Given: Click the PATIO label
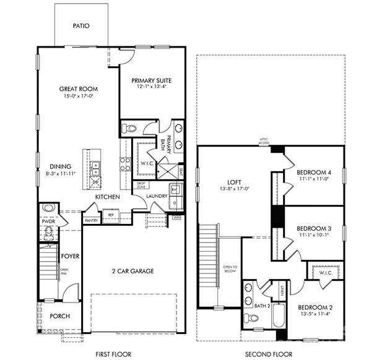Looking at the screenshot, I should (x=81, y=26).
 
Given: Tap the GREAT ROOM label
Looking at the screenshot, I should (x=79, y=89).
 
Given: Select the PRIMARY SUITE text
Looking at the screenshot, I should (x=151, y=80).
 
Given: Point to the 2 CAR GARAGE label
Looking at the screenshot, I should (x=132, y=271).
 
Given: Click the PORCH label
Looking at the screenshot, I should (x=59, y=316).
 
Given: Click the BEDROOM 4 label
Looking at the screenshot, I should (x=313, y=172).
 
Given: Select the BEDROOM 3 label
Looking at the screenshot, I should (x=313, y=227).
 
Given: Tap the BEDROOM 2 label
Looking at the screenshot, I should (x=315, y=307).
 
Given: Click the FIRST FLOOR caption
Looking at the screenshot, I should (x=114, y=354).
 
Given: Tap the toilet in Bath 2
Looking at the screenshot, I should (x=251, y=318).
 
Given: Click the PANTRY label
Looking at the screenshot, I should (x=91, y=220).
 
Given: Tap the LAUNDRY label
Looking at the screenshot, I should (x=157, y=197).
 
